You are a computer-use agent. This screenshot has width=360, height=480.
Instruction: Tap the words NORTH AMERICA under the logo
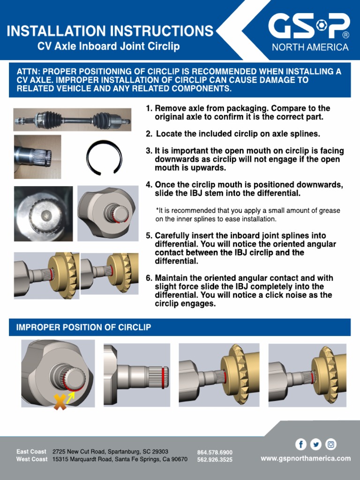pyautogui.click(x=310, y=47)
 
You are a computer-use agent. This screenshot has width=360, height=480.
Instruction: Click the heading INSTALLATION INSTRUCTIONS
pyautogui.click(x=110, y=31)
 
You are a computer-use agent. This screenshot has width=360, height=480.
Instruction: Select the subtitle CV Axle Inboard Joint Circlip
pyautogui.click(x=108, y=46)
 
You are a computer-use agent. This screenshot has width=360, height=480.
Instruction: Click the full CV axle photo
pyautogui.click(x=72, y=120)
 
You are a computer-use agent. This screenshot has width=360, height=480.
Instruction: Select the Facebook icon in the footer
pyautogui.click(x=300, y=444)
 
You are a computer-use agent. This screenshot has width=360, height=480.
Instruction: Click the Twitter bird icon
pyautogui.click(x=316, y=444)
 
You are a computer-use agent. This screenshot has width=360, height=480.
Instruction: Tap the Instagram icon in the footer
pyautogui.click(x=331, y=444)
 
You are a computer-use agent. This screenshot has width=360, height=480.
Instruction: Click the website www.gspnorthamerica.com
pyautogui.click(x=306, y=458)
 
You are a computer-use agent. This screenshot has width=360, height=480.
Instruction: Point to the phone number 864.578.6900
pyautogui.click(x=215, y=452)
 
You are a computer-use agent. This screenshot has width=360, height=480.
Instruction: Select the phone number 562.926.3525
pyautogui.click(x=215, y=460)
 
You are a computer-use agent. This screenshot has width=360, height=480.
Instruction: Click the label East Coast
pyautogui.click(x=31, y=452)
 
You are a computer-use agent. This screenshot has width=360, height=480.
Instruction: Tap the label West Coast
pyautogui.click(x=32, y=459)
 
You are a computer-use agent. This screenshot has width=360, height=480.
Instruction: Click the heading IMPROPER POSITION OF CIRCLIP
pyautogui.click(x=84, y=327)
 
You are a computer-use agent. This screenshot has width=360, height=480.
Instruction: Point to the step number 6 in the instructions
pyautogui.click(x=149, y=277)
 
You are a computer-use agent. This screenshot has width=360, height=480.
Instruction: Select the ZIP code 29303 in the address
pyautogui.click(x=159, y=451)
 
